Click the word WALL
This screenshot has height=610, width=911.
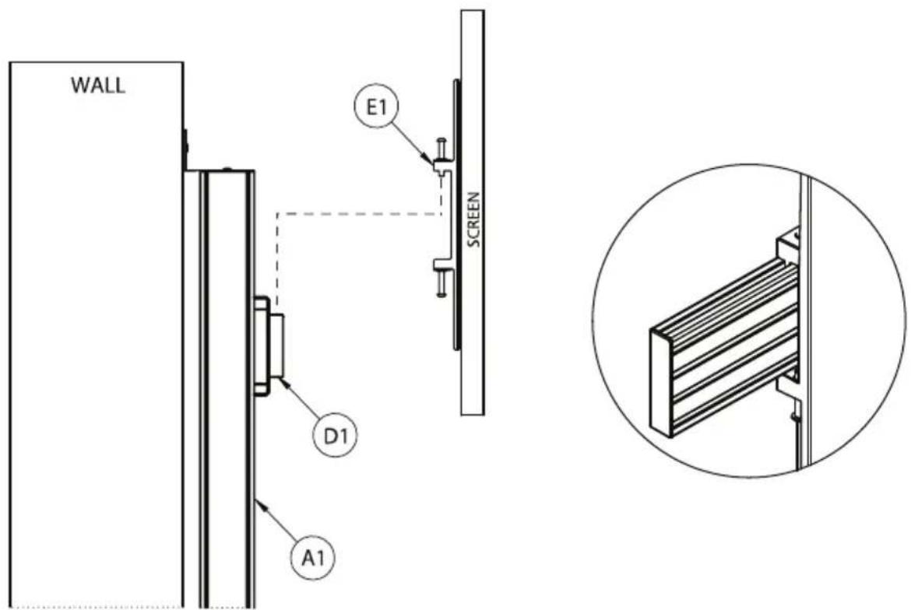97,86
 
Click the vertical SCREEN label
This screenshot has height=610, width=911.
474,220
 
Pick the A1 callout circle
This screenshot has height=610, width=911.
314,558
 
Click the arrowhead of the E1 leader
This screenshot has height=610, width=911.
430,160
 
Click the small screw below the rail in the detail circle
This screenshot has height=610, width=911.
794,416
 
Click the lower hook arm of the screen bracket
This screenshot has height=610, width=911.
443,264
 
